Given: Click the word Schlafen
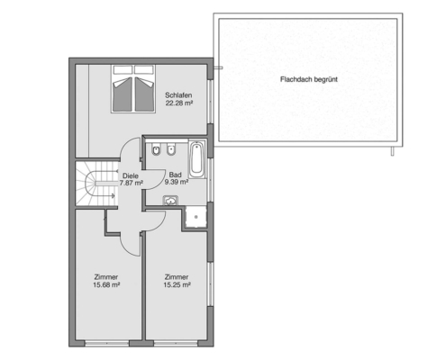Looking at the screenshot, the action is pos(178,95).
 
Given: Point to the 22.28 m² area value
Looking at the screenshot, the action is pos(178,103).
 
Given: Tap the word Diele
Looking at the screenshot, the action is pos(131,175).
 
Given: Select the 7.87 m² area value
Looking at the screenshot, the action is pos(131,183).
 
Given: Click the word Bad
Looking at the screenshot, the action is pos(176,175).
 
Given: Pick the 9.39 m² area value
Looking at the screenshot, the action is pos(177,182).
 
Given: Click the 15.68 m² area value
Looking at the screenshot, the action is pos(106,285).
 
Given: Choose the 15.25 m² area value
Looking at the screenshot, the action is pos(177,285).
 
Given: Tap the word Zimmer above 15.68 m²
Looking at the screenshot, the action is pos(106,277).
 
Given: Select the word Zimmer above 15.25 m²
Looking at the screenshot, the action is pos(177,277).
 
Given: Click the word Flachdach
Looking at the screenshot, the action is pos(296,79).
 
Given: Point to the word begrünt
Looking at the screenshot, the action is pos(325,79).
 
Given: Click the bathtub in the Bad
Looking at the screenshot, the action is pos(196,158).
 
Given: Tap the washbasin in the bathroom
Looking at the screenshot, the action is pos(170,200).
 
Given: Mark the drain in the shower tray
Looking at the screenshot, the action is pos(196,217).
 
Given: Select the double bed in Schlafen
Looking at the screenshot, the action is pos(133,89).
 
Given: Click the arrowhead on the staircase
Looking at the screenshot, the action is pos(113,196).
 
